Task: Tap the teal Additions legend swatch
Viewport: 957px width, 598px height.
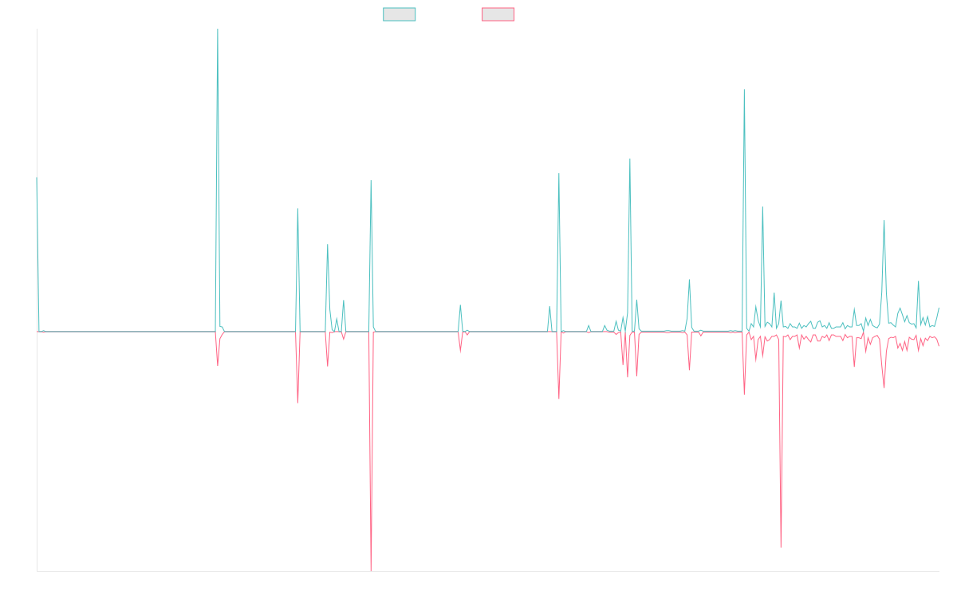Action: pyautogui.click(x=400, y=14)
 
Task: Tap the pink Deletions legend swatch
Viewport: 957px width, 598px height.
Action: pyautogui.click(x=498, y=14)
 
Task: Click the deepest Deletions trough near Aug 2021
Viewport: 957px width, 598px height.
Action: pyautogui.click(x=371, y=570)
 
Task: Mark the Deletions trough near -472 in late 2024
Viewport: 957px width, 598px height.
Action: pyautogui.click(x=781, y=547)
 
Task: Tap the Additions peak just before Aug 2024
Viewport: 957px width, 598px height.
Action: pyautogui.click(x=744, y=90)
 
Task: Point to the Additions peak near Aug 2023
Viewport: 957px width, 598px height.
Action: pyautogui.click(x=630, y=159)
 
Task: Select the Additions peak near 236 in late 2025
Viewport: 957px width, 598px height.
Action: pyautogui.click(x=884, y=221)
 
